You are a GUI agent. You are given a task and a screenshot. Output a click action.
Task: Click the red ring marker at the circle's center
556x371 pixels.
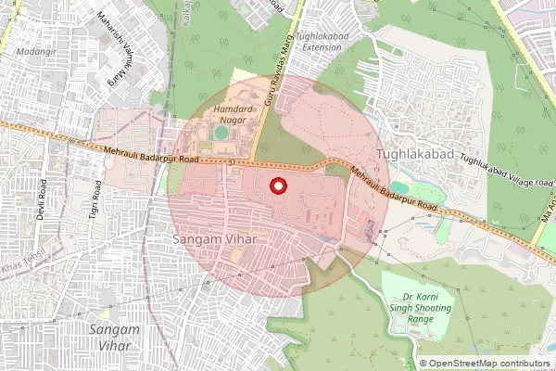pos(277,186)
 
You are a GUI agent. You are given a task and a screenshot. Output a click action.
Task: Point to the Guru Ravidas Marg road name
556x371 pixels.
pos(271,93)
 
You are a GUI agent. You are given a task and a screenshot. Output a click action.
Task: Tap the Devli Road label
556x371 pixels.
pos(42,194)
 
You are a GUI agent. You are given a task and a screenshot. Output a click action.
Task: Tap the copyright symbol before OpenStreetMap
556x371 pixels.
pos(423,364)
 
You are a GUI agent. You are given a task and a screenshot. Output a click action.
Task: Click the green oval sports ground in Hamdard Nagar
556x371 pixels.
pos(221,133)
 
